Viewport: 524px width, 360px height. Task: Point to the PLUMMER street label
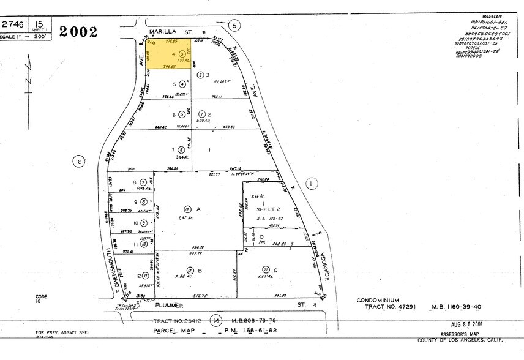click(x=169, y=303)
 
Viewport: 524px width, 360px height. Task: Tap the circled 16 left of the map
click(x=78, y=162)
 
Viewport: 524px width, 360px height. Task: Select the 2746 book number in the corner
click(x=13, y=24)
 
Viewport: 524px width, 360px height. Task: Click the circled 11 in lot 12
click(x=145, y=275)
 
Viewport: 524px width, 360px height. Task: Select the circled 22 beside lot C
click(x=266, y=269)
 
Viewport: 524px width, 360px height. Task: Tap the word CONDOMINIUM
click(x=378, y=301)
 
